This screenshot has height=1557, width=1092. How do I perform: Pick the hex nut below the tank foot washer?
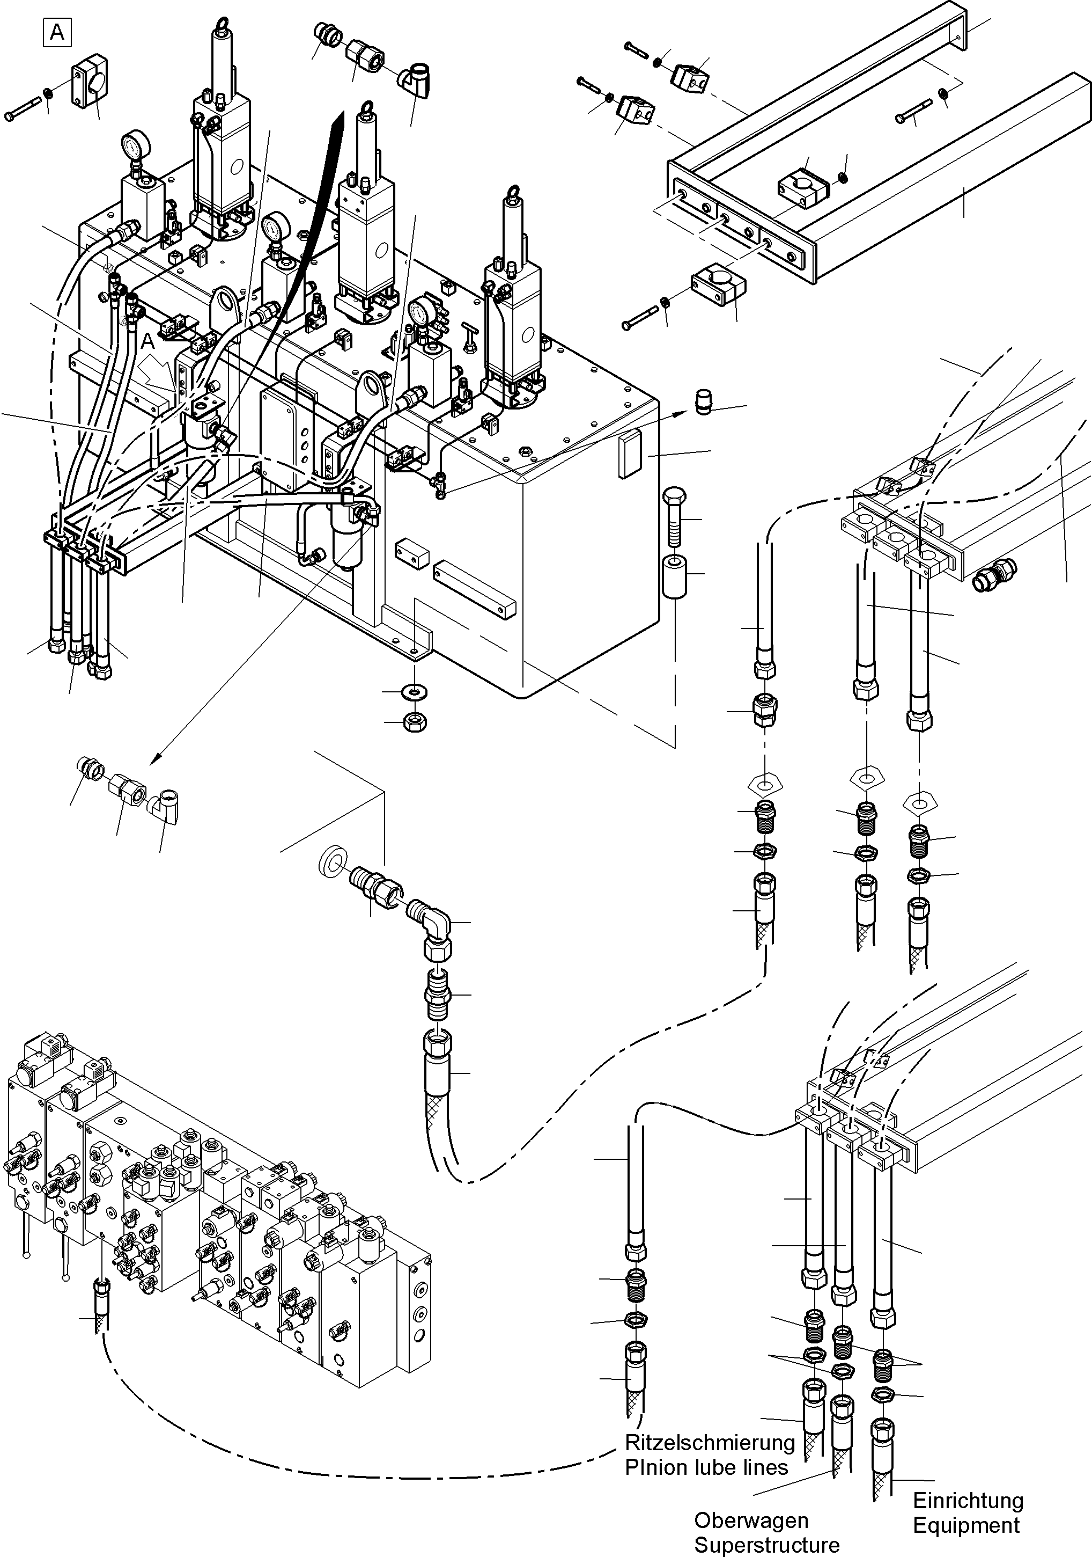coord(414,722)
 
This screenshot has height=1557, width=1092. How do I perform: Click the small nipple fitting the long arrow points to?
coord(705,402)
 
